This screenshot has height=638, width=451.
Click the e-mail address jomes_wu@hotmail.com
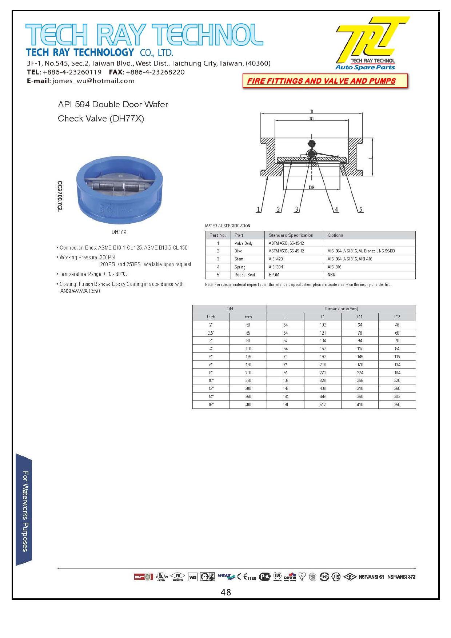click(x=93, y=81)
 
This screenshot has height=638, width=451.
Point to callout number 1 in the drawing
click(x=259, y=210)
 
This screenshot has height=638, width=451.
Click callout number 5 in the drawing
click(x=360, y=210)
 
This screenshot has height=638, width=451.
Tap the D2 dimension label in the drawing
click(x=311, y=188)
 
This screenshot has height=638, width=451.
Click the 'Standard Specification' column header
click(x=291, y=235)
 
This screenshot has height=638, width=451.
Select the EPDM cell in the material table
click(x=274, y=275)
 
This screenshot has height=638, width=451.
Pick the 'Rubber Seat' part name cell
click(x=245, y=275)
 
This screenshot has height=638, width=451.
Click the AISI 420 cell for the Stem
click(x=276, y=259)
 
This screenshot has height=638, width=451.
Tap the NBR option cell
click(x=331, y=275)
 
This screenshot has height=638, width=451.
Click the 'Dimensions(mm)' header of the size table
click(x=341, y=309)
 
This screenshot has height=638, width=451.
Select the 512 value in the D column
click(x=323, y=404)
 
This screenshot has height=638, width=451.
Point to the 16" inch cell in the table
click(x=211, y=404)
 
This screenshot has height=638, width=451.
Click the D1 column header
click(x=360, y=317)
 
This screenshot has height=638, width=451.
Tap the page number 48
click(x=226, y=592)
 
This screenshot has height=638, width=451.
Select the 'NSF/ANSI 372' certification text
click(x=401, y=577)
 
